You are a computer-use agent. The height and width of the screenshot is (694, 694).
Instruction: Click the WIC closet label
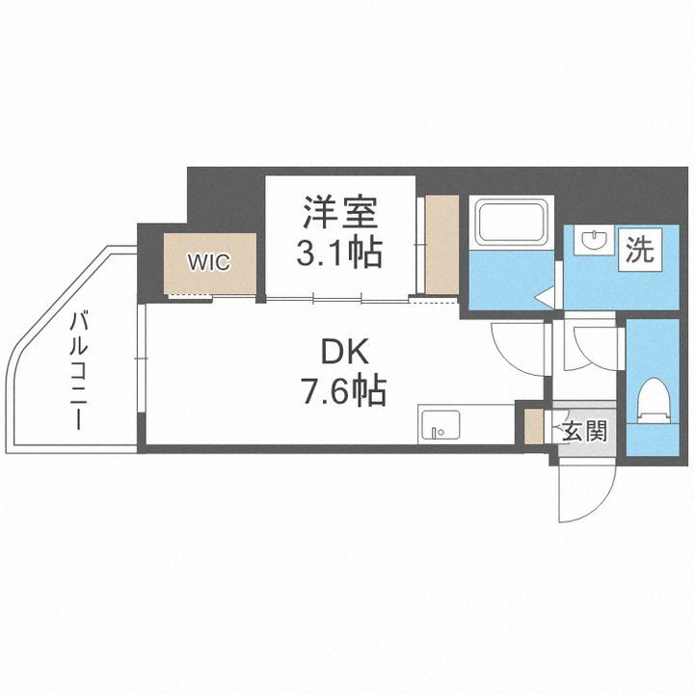click(x=208, y=262)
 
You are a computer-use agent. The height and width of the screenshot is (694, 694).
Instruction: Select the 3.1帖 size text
click(x=339, y=254)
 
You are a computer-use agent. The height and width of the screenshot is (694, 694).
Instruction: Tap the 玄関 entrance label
click(x=583, y=430)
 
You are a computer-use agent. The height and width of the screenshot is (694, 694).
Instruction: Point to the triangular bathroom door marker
click(x=545, y=296)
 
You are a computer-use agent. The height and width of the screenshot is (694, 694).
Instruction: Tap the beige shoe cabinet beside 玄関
click(x=534, y=427)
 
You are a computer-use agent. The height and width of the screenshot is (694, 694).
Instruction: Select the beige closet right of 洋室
click(x=442, y=244)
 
